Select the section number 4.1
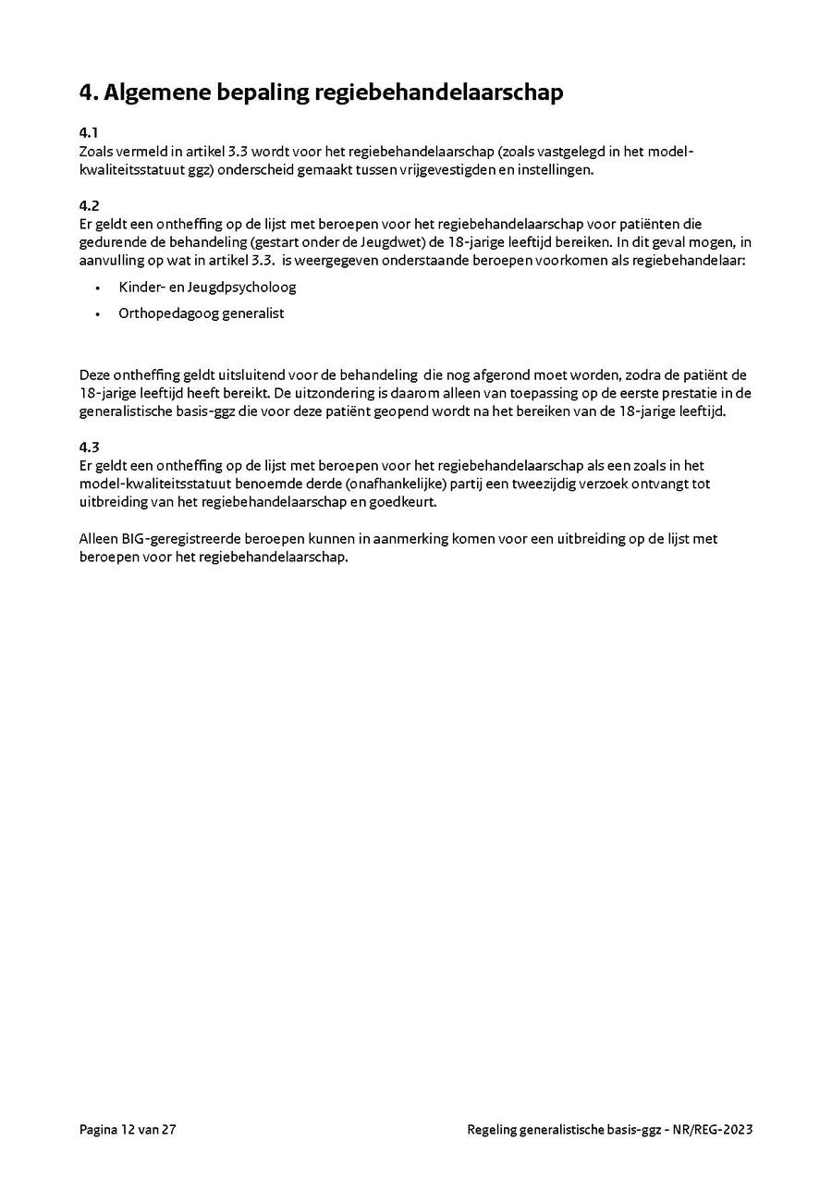[x=89, y=132]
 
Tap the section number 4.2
[x=89, y=205]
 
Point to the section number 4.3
[x=89, y=448]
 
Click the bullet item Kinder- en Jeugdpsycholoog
[x=207, y=287]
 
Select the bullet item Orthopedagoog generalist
[x=201, y=313]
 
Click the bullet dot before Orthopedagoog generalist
[x=98, y=314]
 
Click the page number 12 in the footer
[x=127, y=1129]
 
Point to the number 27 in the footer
[x=167, y=1129]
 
